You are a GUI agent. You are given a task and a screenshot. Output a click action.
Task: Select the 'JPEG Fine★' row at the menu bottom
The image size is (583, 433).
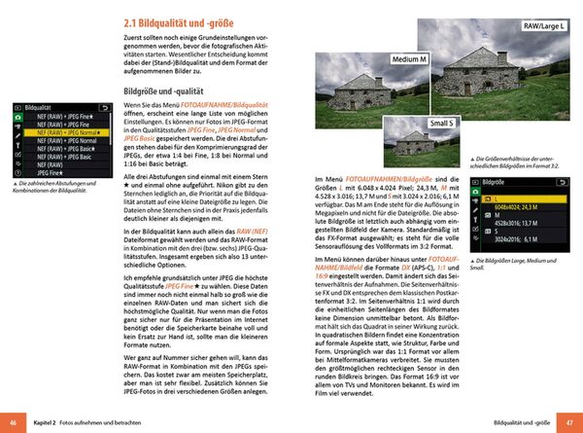pyautogui.click(x=60, y=176)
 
